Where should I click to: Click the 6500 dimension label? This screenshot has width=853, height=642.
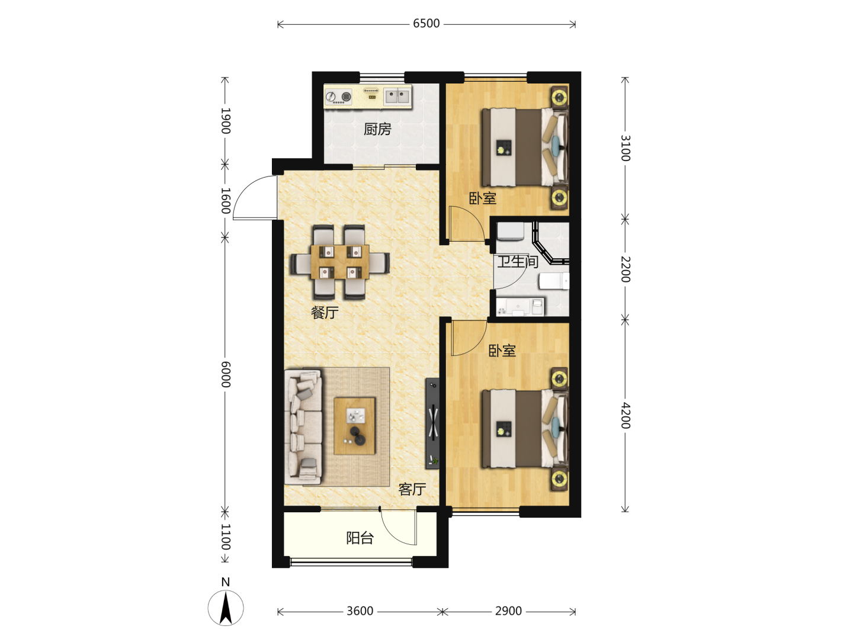(426, 24)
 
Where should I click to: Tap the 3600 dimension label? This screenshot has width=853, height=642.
(360, 611)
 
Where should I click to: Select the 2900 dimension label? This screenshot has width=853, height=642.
(508, 611)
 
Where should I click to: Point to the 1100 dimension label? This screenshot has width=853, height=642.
(226, 537)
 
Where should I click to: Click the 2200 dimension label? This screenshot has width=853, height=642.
(626, 269)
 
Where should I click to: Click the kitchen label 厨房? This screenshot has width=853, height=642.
(377, 129)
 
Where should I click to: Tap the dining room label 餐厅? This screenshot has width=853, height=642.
(325, 312)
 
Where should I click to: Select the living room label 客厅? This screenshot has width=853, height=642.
(412, 489)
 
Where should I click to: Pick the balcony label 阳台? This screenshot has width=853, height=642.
(360, 538)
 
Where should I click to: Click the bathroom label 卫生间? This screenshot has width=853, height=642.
(518, 261)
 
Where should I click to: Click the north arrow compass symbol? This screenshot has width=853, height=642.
(226, 608)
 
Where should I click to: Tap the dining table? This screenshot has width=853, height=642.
(339, 262)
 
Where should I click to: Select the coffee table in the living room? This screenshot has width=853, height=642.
(354, 426)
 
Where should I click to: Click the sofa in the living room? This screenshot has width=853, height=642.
(303, 427)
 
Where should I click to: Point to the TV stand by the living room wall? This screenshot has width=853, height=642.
(432, 423)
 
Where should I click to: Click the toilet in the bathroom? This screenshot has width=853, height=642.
(554, 281)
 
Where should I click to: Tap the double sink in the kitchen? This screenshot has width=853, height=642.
(397, 96)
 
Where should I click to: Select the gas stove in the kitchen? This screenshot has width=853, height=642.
(338, 97)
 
